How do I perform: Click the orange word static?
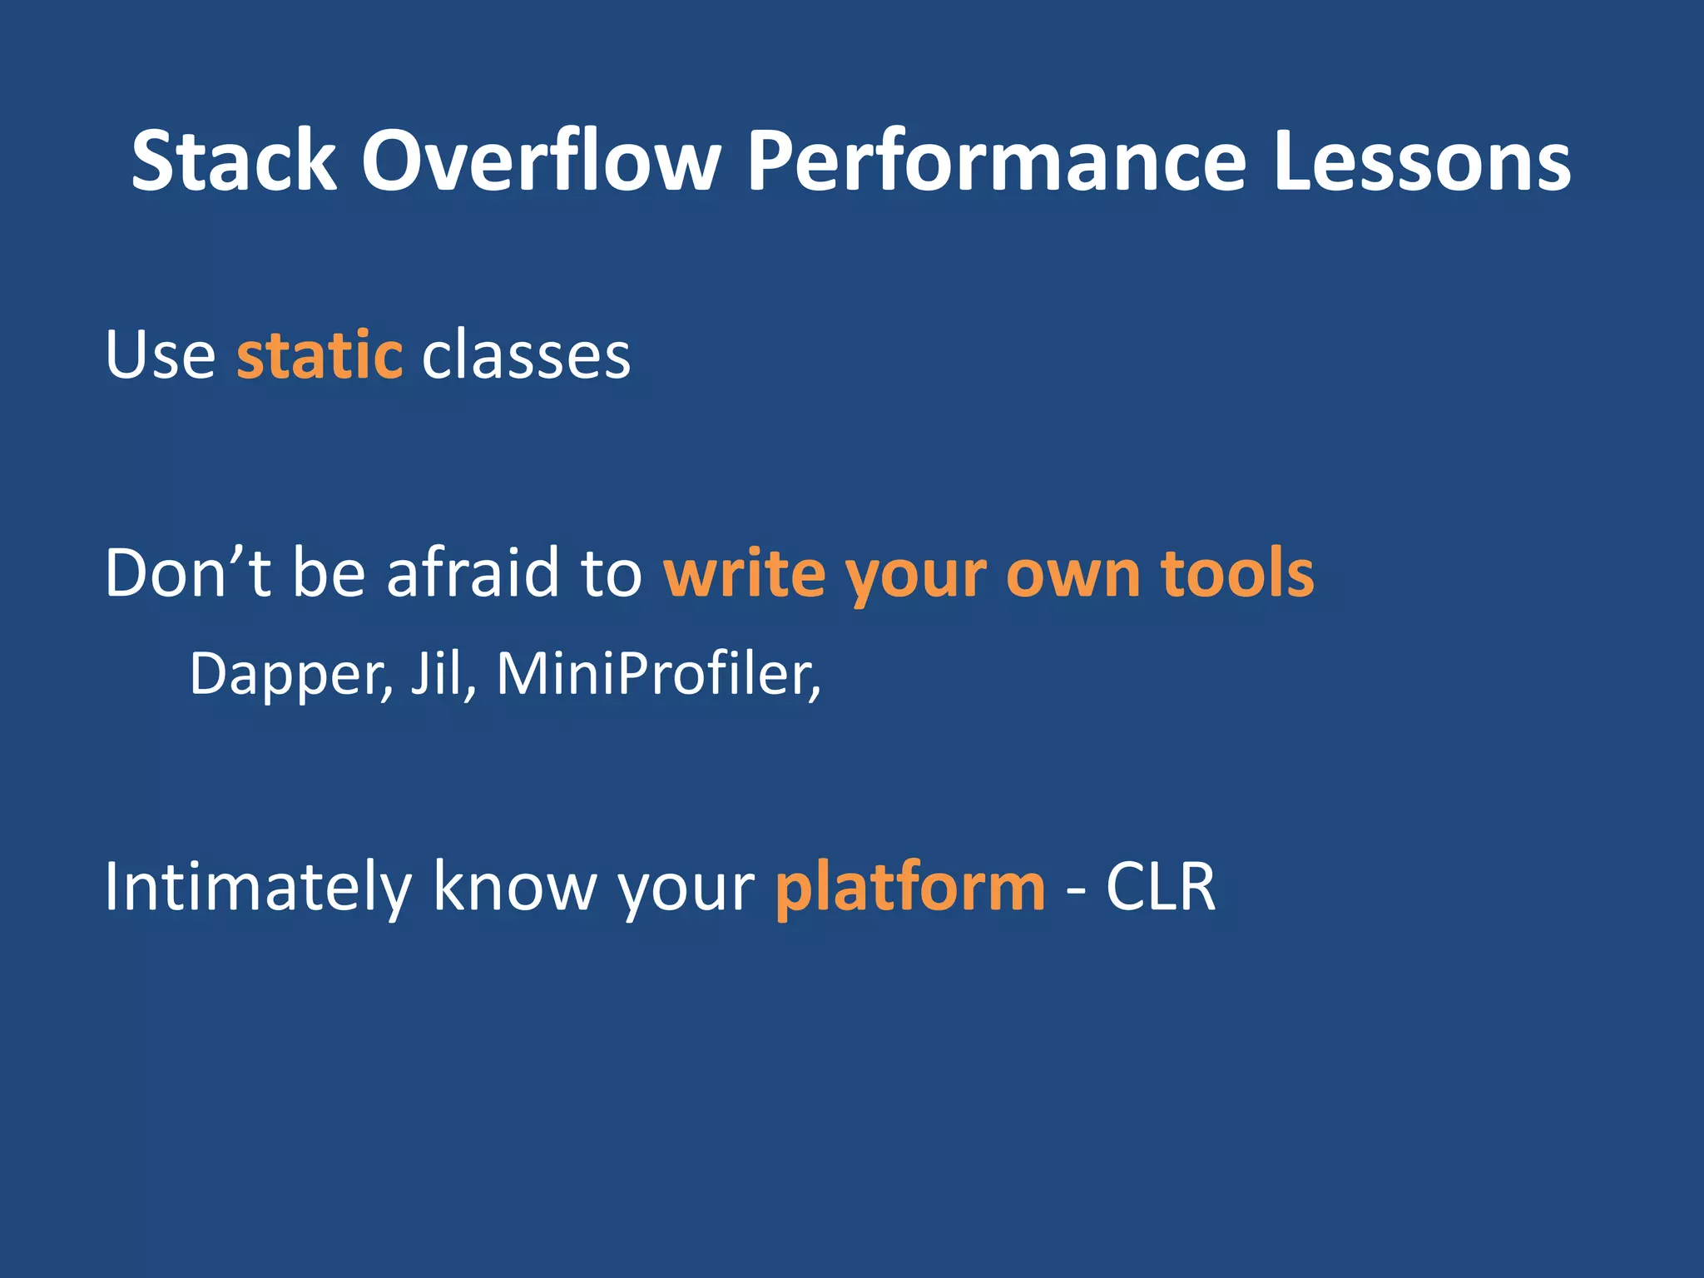[x=319, y=356]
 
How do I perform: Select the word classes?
[x=526, y=356]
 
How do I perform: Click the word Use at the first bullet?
[x=160, y=356]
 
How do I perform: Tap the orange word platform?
[x=909, y=889]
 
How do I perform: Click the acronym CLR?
[x=1160, y=887]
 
